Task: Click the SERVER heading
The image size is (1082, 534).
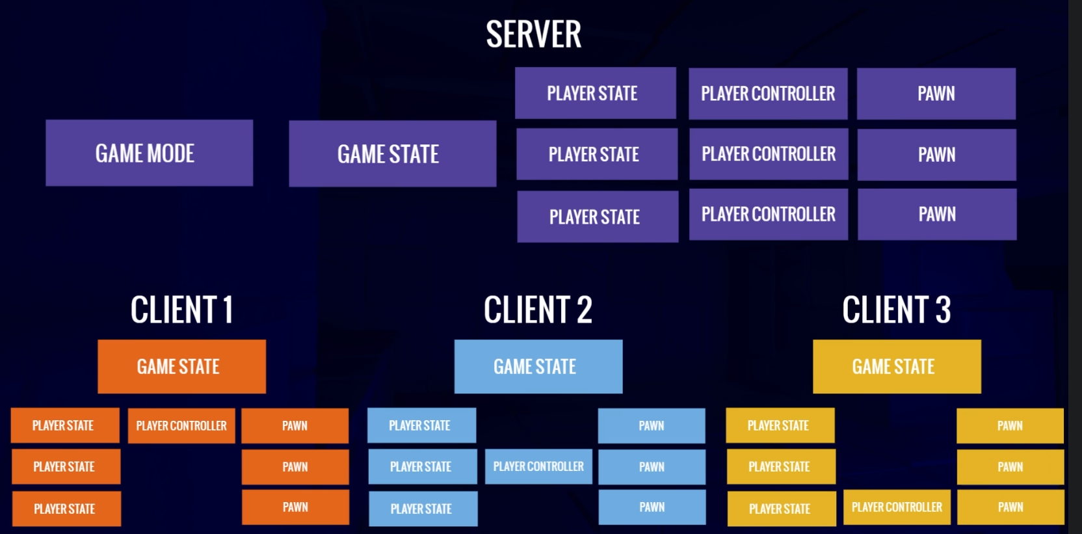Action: click(533, 34)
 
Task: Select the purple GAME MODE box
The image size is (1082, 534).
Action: click(149, 153)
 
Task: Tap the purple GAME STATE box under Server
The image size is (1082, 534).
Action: click(392, 154)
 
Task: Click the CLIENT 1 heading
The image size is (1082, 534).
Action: click(181, 310)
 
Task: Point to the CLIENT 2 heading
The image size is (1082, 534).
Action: click(538, 310)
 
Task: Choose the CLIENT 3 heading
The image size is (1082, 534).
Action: click(896, 310)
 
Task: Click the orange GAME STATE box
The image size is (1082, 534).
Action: click(181, 366)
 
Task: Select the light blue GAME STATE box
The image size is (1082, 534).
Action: click(538, 366)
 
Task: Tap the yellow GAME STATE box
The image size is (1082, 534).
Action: click(897, 366)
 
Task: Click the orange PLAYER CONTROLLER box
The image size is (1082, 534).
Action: click(181, 425)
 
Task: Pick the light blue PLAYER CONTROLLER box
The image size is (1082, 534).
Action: click(538, 466)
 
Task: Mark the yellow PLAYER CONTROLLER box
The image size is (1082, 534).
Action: click(897, 507)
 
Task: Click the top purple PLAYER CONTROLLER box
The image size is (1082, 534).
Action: click(768, 94)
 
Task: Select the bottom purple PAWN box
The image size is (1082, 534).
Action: click(937, 215)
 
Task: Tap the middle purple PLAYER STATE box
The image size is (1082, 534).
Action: click(596, 154)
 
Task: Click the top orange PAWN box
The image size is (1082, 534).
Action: click(295, 425)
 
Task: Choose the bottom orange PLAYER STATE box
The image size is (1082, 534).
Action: click(66, 509)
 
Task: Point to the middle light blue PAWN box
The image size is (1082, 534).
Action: click(652, 466)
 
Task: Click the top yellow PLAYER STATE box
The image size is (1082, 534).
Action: click(780, 425)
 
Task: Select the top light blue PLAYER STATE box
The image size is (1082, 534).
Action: click(421, 425)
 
